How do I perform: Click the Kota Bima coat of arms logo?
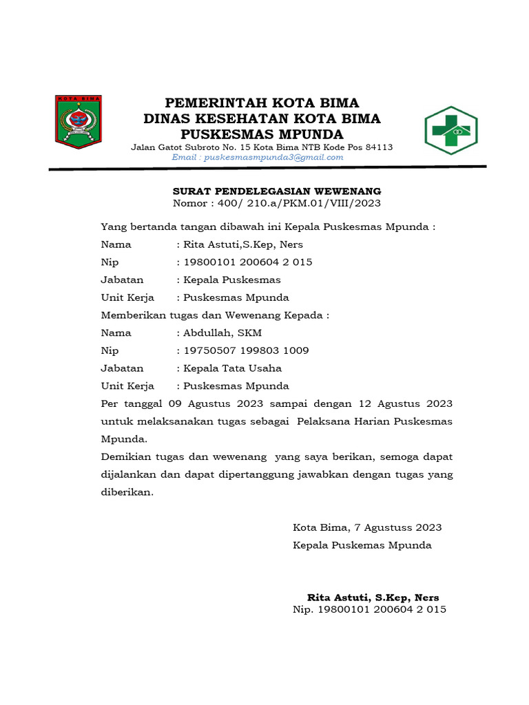tap(78, 122)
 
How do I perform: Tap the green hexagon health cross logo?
tap(450, 129)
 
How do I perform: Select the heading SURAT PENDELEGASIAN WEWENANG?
tap(276, 191)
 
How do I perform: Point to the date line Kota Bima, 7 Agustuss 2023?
tap(367, 527)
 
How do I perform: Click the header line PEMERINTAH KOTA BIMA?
tap(262, 103)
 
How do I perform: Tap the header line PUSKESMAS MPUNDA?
tap(262, 134)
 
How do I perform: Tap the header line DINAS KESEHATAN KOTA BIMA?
tap(262, 118)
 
